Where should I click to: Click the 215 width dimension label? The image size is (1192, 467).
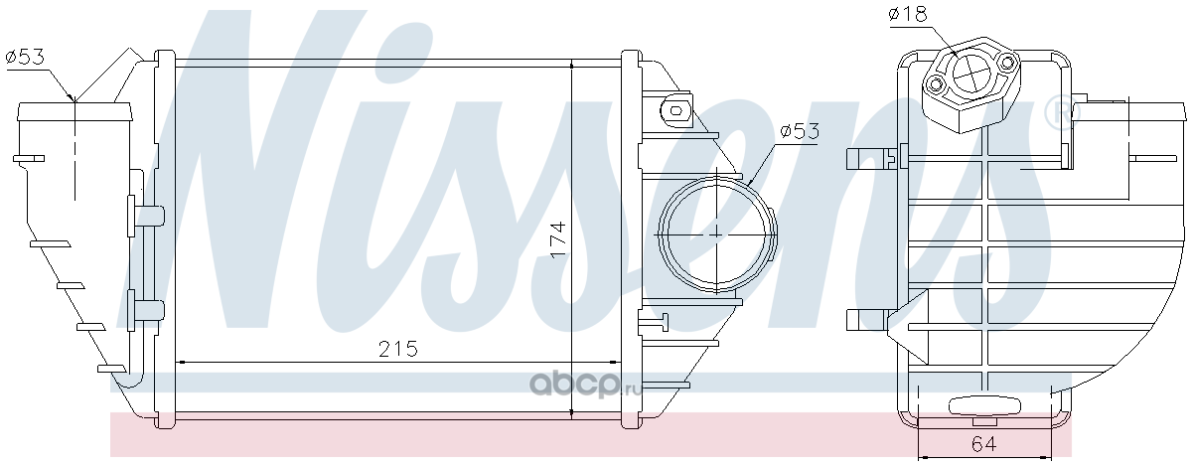pos(398,349)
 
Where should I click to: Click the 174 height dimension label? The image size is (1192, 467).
pos(558,239)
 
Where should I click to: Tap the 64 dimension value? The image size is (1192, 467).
pos(984,443)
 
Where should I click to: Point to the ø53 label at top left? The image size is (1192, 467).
pos(32,57)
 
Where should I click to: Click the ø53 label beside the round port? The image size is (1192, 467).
pos(800,131)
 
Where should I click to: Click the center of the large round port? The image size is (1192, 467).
pos(717,233)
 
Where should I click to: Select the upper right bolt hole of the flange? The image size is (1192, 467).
pos(1005,63)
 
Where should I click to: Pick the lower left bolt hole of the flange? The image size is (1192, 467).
pos(935,84)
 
